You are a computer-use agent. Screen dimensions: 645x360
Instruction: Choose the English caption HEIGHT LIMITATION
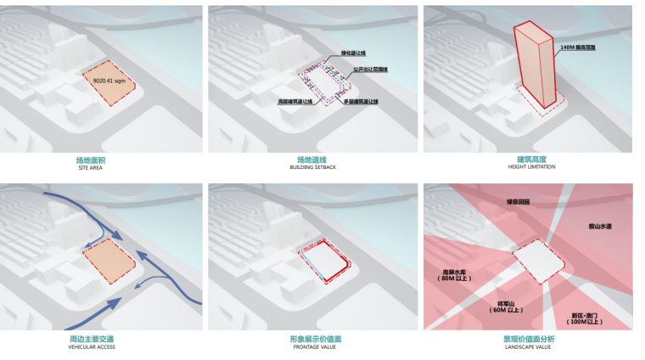point(530,167)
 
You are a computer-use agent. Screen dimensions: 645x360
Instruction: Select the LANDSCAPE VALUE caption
point(530,346)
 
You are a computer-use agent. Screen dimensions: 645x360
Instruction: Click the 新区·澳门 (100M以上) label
point(584,318)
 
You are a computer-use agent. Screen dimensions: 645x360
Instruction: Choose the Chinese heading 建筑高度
point(530,159)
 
